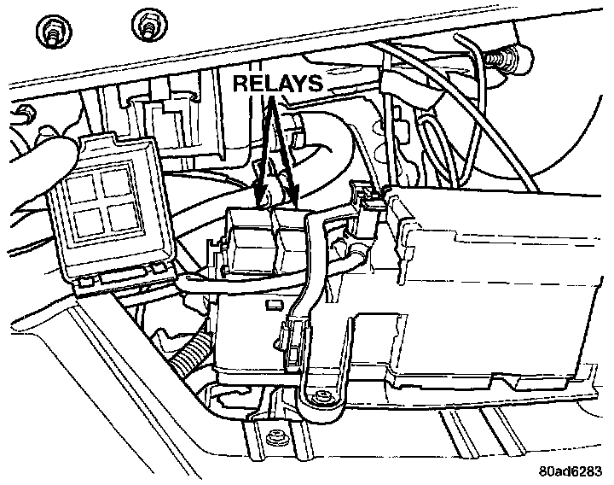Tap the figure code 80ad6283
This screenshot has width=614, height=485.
pyautogui.click(x=571, y=470)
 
